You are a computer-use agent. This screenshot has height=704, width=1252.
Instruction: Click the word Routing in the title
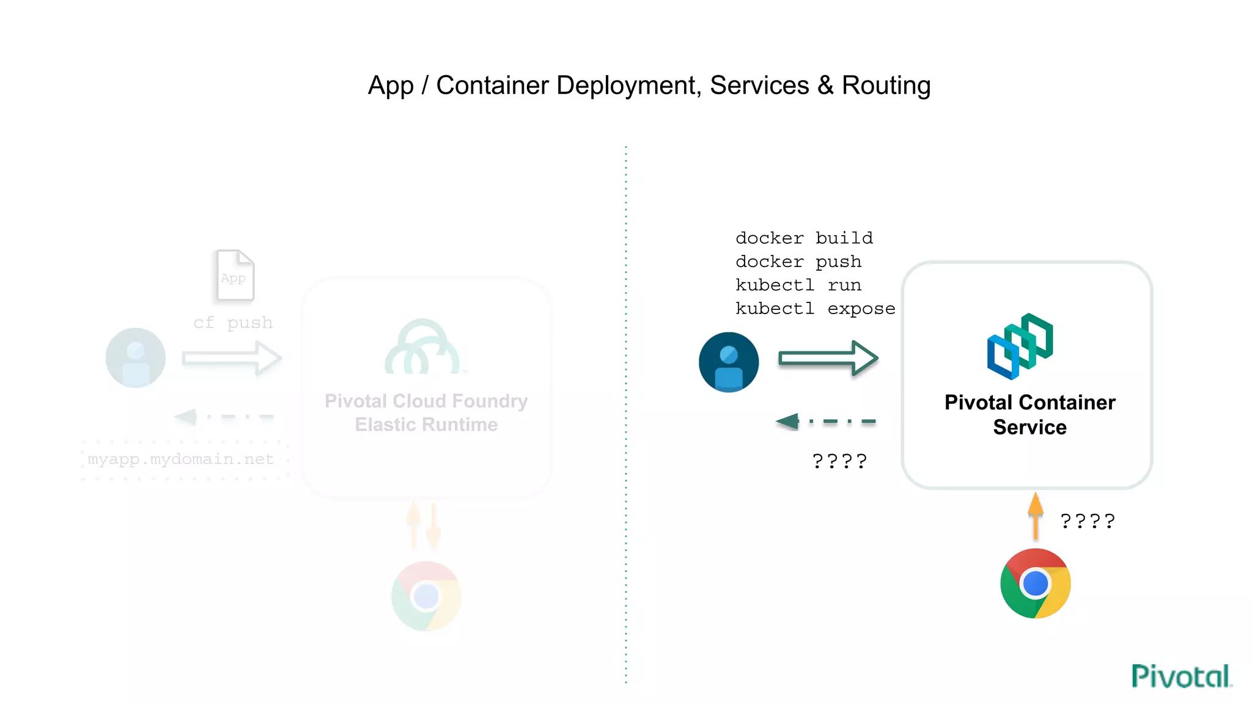(886, 86)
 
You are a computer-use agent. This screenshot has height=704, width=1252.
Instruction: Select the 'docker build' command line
(804, 238)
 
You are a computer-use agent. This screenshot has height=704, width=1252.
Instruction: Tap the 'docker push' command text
(798, 262)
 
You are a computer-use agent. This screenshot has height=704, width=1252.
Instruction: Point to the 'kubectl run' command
(798, 285)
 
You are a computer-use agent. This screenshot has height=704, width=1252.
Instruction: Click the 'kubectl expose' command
(815, 309)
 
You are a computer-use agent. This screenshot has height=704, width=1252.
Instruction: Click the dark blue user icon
(729, 362)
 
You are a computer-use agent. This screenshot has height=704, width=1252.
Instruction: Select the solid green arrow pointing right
(828, 358)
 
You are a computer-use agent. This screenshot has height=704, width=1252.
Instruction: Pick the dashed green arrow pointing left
(825, 421)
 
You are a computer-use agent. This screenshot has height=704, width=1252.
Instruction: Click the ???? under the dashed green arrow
(839, 461)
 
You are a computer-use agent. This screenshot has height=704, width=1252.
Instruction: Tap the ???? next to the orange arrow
(1087, 521)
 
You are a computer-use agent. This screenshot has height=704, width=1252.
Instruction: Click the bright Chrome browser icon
(1035, 584)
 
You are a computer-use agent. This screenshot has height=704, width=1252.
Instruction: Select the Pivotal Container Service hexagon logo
(1020, 346)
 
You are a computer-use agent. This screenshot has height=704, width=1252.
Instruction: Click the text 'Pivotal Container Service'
(1029, 414)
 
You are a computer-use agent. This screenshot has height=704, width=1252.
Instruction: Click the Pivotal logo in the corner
(1180, 676)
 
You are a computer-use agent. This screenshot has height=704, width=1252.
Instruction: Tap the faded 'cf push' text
(233, 323)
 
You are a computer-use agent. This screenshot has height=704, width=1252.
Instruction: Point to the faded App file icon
(235, 276)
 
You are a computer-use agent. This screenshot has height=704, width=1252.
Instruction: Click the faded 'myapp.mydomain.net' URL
(181, 459)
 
